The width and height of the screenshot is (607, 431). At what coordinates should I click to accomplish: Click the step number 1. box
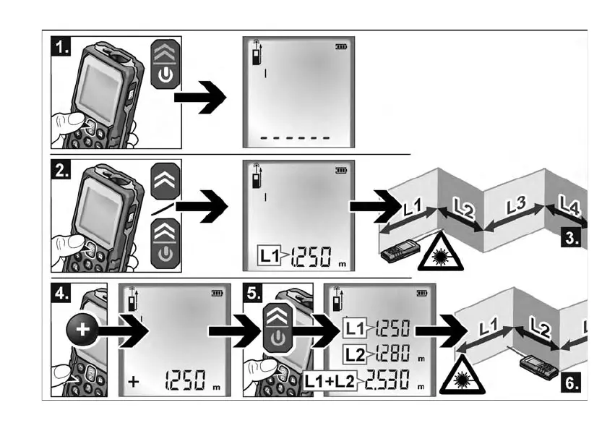coord(61,46)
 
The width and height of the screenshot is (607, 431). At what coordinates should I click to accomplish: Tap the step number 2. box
coord(61,169)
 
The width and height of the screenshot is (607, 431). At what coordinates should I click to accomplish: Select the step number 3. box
coord(571,237)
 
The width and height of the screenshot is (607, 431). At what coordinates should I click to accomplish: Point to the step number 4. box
coord(61,293)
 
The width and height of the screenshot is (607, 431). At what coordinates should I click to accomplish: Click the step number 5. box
coord(253,293)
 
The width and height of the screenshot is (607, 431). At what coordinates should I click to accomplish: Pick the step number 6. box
coord(571,383)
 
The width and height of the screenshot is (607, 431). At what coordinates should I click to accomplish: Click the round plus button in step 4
coord(82,330)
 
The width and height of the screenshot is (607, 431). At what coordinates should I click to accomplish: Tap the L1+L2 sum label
coord(330,381)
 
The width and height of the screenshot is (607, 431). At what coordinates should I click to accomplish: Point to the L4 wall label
coord(569,205)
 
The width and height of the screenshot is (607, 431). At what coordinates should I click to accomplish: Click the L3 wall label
coord(517,205)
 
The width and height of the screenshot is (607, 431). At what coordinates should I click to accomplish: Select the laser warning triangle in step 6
coord(462,375)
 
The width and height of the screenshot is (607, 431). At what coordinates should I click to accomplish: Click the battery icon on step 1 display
coord(341,47)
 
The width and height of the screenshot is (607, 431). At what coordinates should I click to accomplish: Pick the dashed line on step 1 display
coord(295,138)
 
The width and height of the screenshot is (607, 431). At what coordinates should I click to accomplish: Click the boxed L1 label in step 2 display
coord(269,255)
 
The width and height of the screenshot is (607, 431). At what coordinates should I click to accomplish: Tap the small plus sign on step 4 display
coord(133,382)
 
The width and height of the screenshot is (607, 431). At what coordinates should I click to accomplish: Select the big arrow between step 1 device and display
coord(199,98)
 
